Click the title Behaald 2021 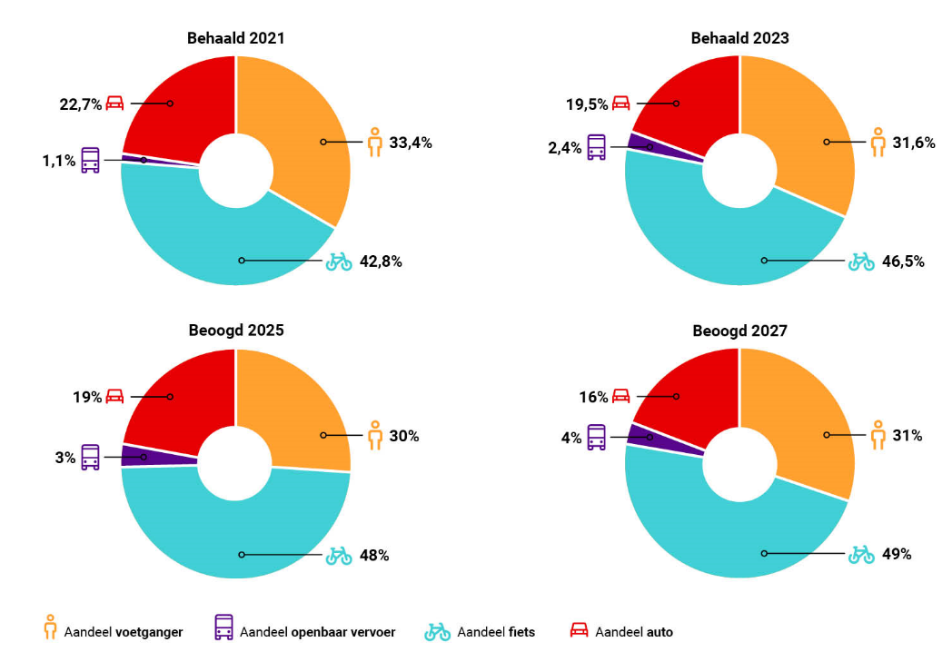tap(235, 38)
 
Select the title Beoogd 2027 tap(739, 331)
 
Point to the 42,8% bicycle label tap(382, 262)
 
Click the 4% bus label tap(570, 438)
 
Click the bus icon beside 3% tap(91, 456)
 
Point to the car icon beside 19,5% tap(621, 104)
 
